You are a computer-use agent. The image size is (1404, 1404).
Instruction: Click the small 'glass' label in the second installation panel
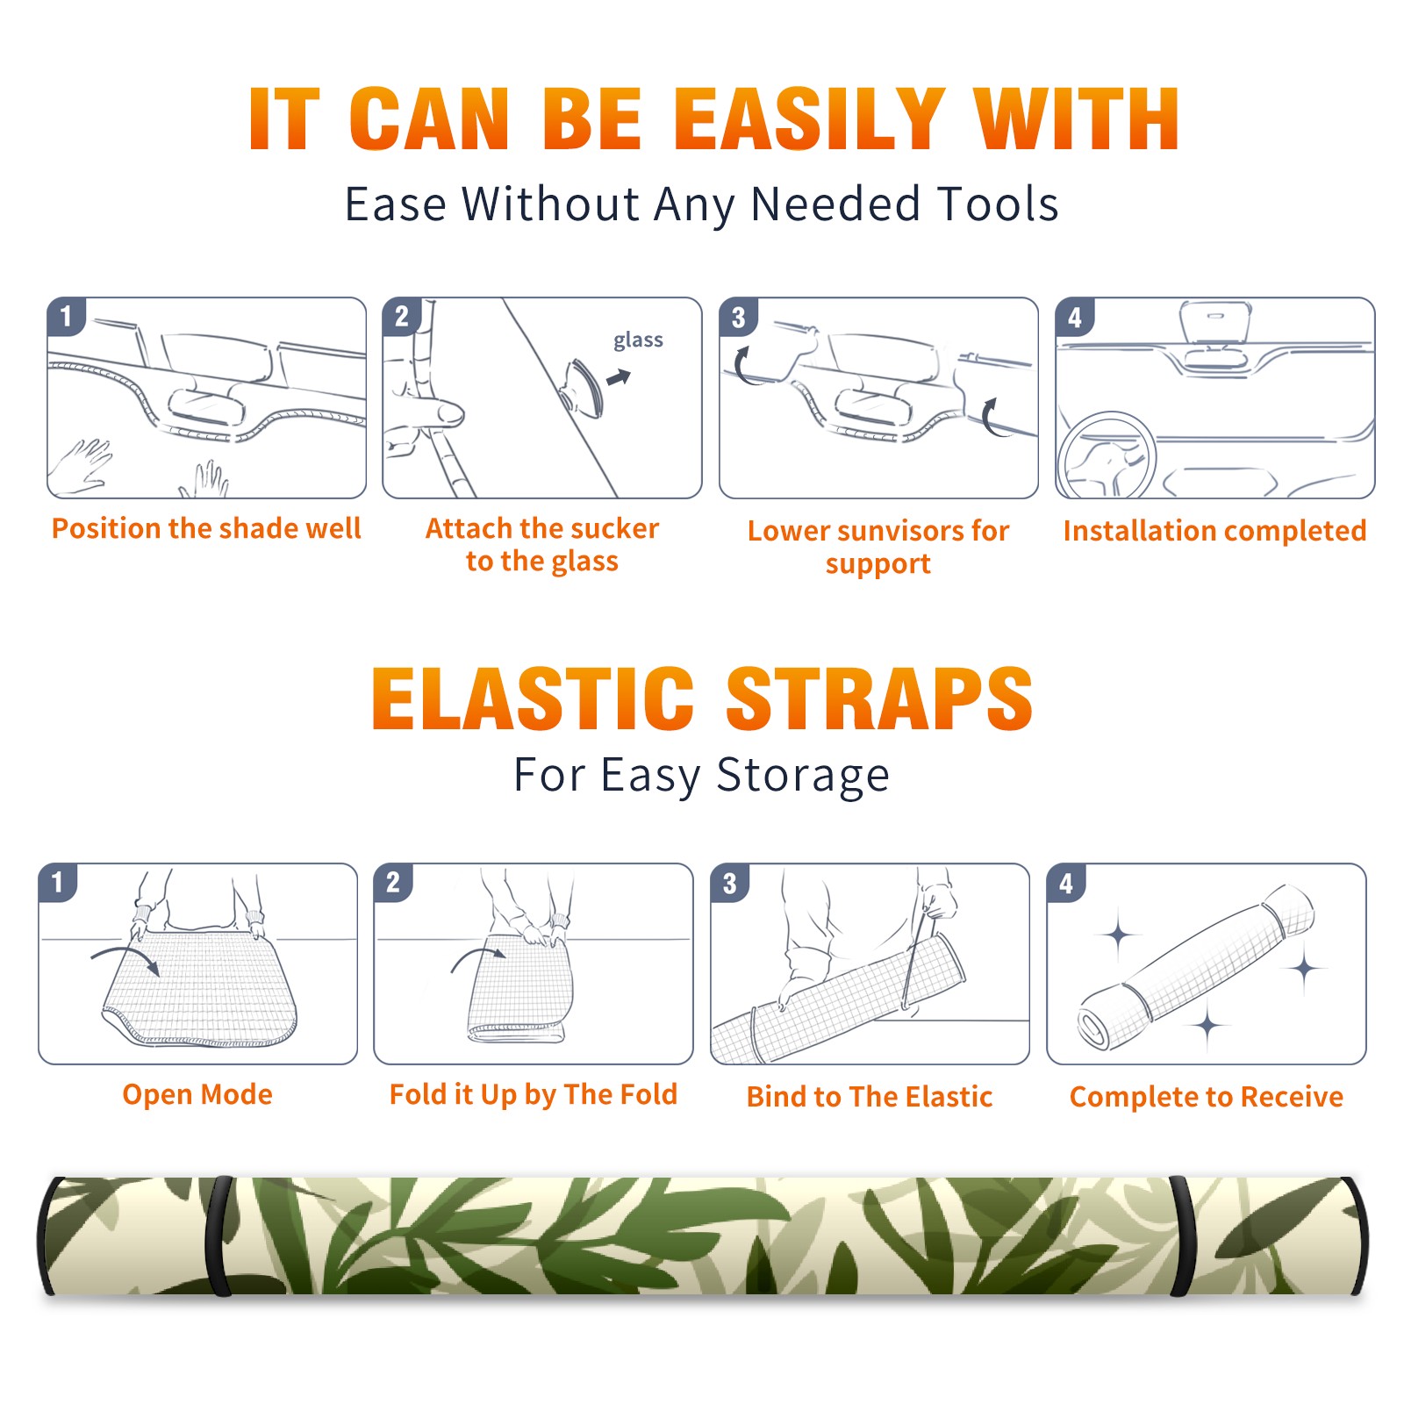638,340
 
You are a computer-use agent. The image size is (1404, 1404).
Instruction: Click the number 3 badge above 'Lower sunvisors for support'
738,317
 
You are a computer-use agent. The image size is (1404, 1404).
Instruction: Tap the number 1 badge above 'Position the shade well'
66,316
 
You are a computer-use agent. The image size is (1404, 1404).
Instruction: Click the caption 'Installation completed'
1214,531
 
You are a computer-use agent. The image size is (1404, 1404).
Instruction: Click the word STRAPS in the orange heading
878,698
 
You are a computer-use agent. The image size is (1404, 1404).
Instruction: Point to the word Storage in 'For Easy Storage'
803,777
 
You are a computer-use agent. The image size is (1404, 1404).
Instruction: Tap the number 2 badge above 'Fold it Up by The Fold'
393,883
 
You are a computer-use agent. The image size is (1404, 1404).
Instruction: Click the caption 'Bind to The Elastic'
870,1097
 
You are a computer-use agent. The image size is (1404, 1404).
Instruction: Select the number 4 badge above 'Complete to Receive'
1066,883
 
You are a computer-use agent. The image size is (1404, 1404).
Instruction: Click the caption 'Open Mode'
197,1094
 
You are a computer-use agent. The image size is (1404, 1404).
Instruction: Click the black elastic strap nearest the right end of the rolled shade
1181,1236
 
